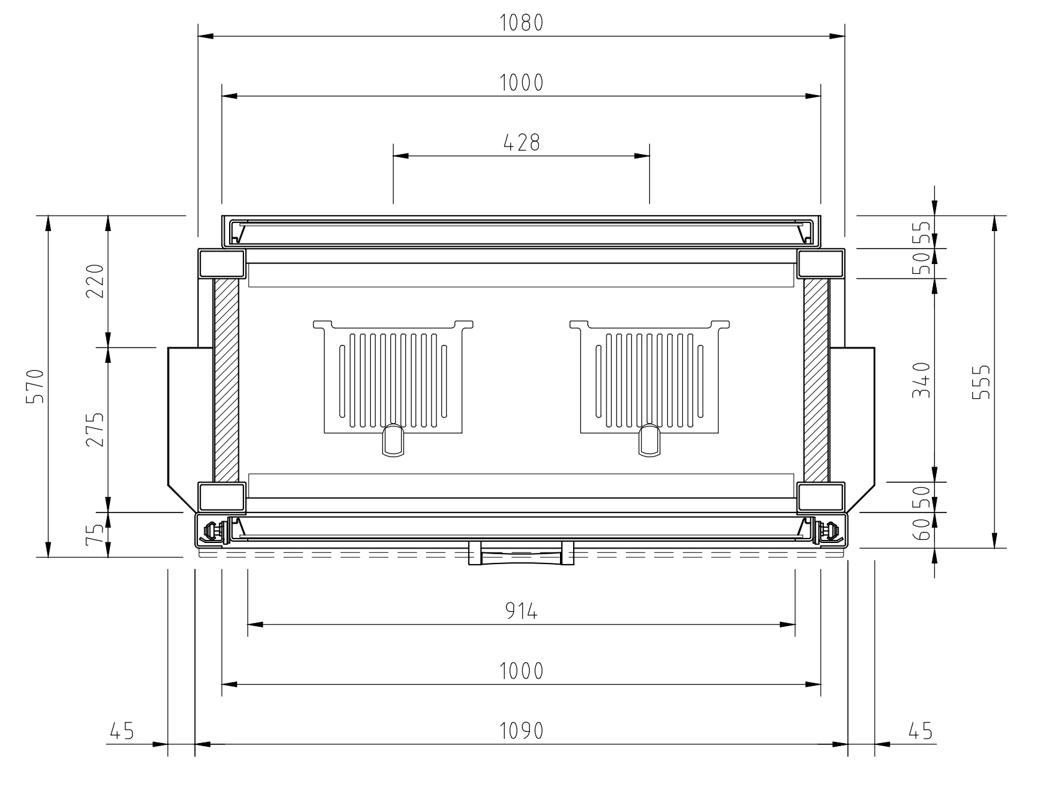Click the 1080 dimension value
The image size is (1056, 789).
pyautogui.click(x=521, y=23)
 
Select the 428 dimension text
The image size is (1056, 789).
pyautogui.click(x=521, y=143)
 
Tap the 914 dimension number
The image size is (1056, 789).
pyautogui.click(x=521, y=612)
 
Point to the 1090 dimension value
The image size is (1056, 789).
pyautogui.click(x=521, y=731)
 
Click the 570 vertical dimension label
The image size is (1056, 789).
pyautogui.click(x=35, y=386)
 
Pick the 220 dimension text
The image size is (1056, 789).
pyautogui.click(x=94, y=281)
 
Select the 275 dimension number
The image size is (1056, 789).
pyautogui.click(x=94, y=429)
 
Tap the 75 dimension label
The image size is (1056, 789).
pyautogui.click(x=94, y=535)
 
